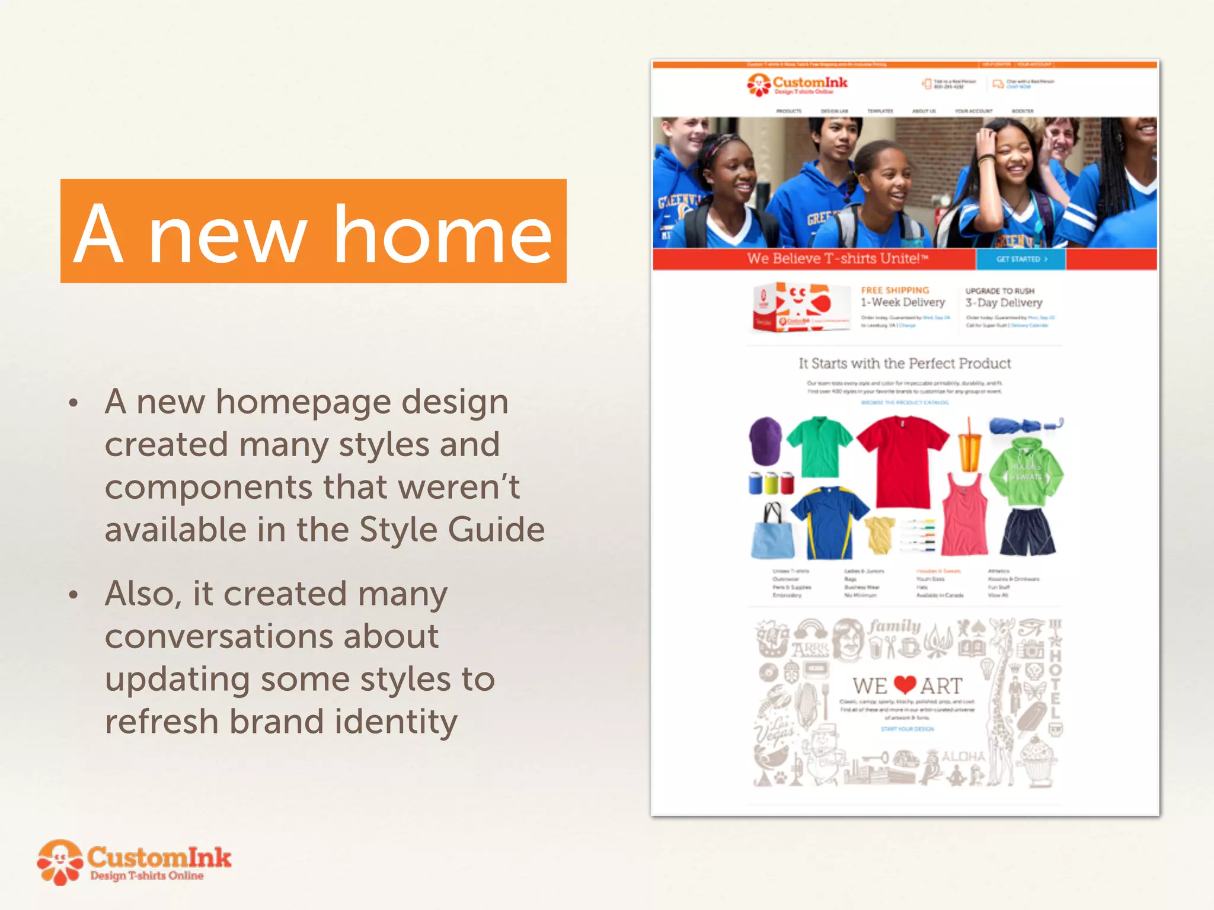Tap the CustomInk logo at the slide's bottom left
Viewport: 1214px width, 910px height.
pyautogui.click(x=135, y=862)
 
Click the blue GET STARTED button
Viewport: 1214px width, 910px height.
pyautogui.click(x=1021, y=259)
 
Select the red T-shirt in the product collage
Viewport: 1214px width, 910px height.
pyautogui.click(x=902, y=459)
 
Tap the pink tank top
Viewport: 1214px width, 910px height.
pyautogui.click(x=965, y=515)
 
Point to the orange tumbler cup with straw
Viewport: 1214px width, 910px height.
pyautogui.click(x=970, y=450)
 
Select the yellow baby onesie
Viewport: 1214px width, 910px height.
pyautogui.click(x=880, y=534)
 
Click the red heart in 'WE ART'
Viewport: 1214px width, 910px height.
pyautogui.click(x=905, y=685)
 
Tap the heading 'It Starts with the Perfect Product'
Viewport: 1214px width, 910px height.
pyautogui.click(x=905, y=363)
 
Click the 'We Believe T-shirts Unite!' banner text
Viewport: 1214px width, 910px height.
pyautogui.click(x=837, y=258)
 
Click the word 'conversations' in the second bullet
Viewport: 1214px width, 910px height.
pyautogui.click(x=271, y=636)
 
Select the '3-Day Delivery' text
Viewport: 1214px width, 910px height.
pyautogui.click(x=1004, y=303)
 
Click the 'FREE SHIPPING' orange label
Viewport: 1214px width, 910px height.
pyautogui.click(x=894, y=290)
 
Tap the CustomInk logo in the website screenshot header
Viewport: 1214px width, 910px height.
pyautogui.click(x=797, y=84)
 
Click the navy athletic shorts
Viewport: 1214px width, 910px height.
pyautogui.click(x=1027, y=531)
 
